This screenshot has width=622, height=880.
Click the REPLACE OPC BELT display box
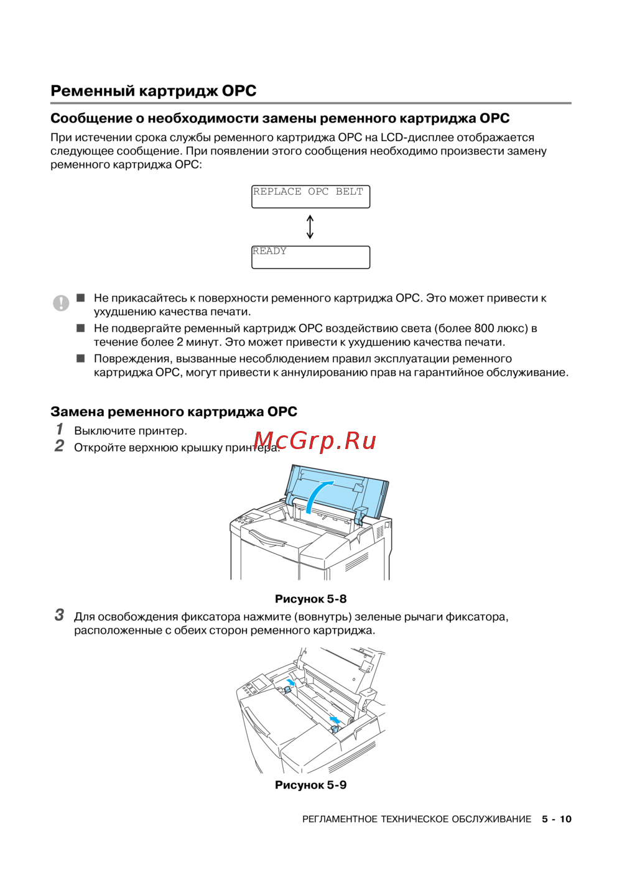tap(310, 197)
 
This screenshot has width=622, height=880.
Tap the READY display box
tap(310, 257)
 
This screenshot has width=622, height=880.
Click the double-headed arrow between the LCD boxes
tap(310, 227)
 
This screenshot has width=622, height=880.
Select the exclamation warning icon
tap(61, 303)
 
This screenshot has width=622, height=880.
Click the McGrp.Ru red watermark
tap(315, 440)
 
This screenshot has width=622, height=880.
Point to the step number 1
tap(60, 429)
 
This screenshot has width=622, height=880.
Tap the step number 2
tap(59, 446)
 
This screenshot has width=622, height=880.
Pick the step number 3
tap(59, 615)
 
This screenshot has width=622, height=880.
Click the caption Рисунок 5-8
tap(310, 599)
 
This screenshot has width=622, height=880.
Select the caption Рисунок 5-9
tap(310, 785)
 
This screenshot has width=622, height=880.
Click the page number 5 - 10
tap(556, 819)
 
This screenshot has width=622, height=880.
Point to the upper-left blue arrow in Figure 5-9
tap(290, 682)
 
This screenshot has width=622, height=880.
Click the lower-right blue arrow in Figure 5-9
tap(335, 720)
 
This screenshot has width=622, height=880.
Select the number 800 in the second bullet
tap(484, 328)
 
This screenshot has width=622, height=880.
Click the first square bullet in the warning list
tap(81, 298)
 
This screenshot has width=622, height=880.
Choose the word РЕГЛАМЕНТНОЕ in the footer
tap(340, 819)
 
